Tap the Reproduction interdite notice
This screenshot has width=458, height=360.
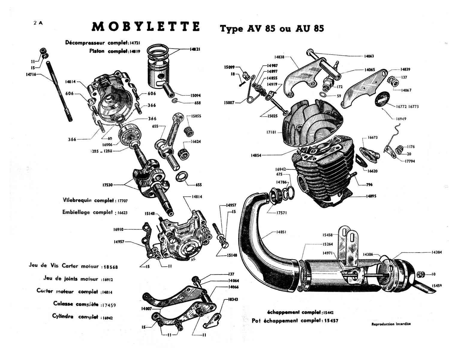pyautogui.click(x=391, y=324)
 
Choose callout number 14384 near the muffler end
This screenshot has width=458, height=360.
pyautogui.click(x=437, y=252)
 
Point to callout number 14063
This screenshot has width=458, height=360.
pyautogui.click(x=369, y=56)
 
